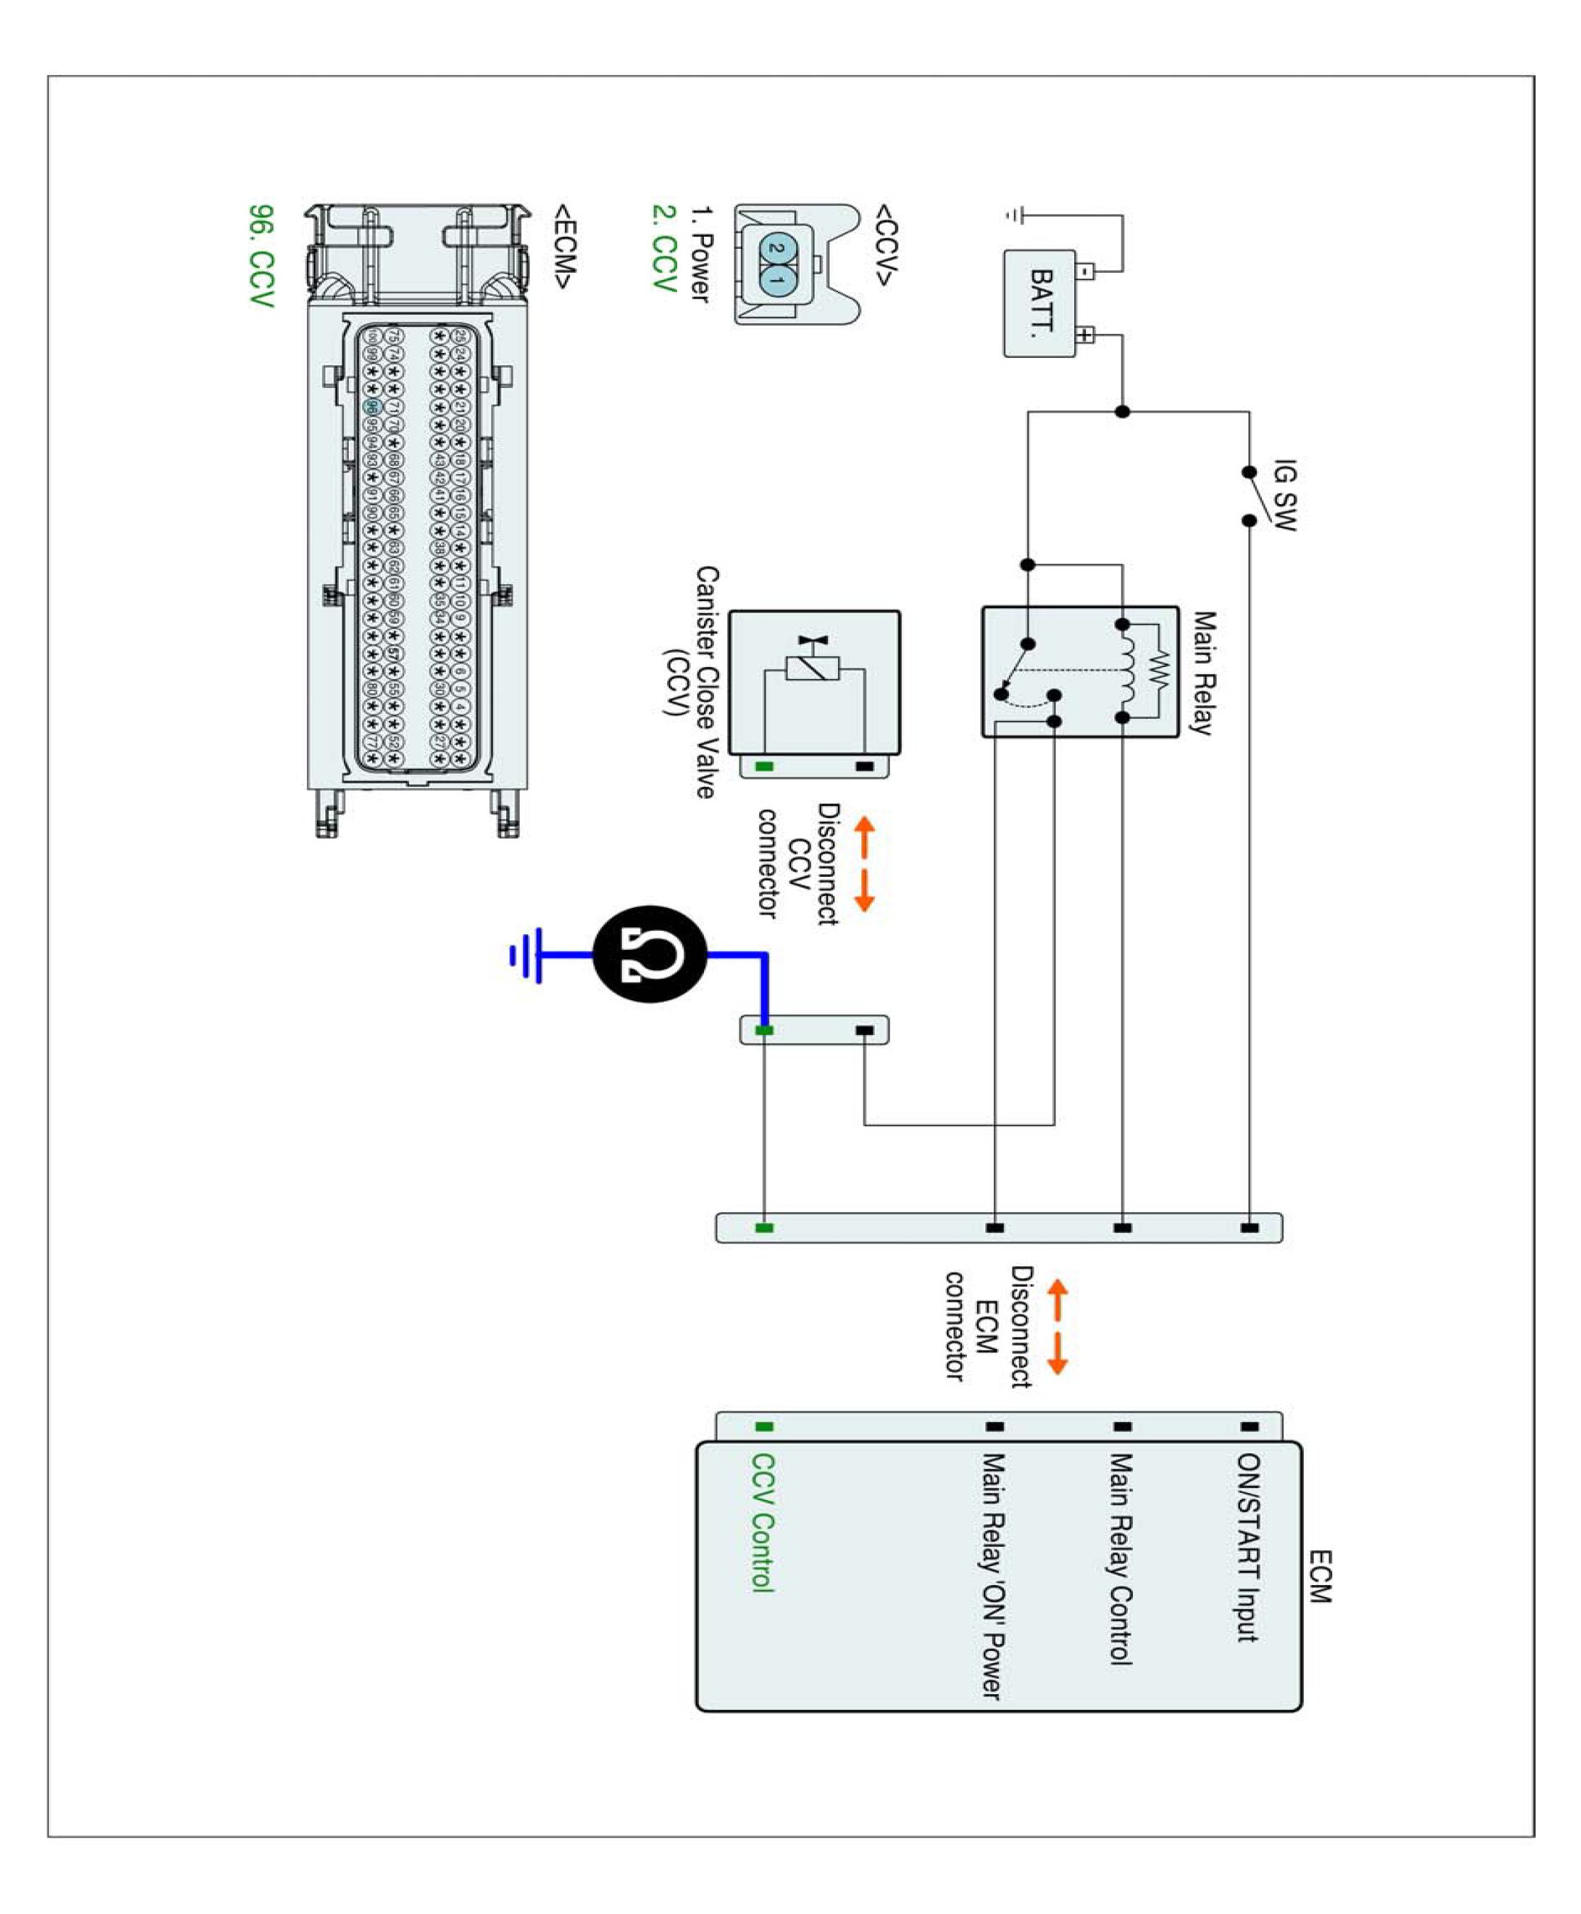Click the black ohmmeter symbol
pyautogui.click(x=650, y=954)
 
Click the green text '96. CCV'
pyautogui.click(x=262, y=256)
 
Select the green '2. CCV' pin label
pyautogui.click(x=664, y=247)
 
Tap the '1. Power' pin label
pyautogui.click(x=700, y=254)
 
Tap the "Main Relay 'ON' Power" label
pyautogui.click(x=993, y=1576)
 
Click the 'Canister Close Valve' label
pyautogui.click(x=707, y=682)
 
